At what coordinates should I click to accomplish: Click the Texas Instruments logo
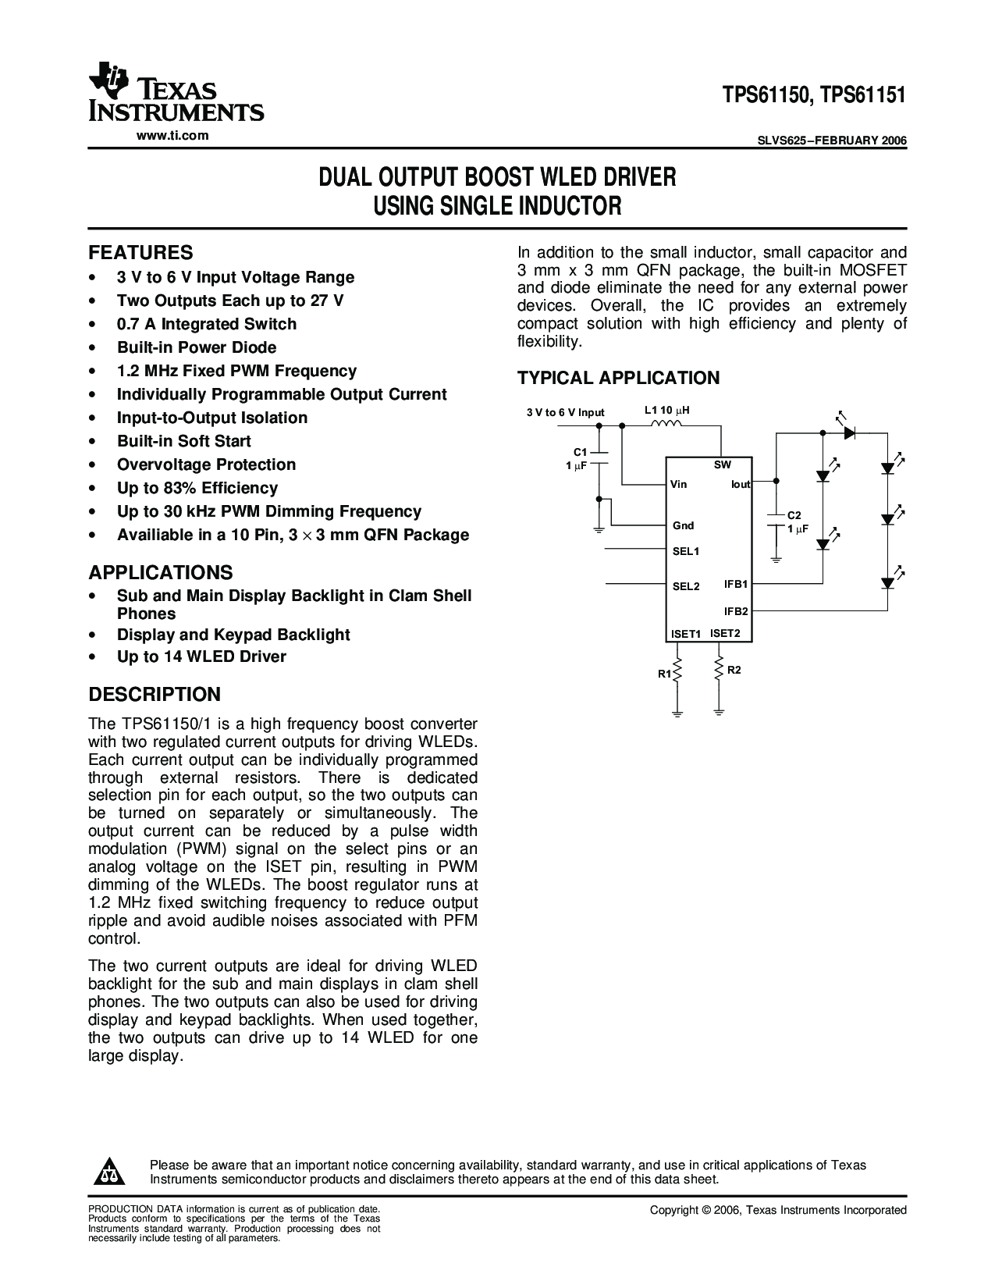click(176, 92)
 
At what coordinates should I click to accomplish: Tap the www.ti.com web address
click(172, 136)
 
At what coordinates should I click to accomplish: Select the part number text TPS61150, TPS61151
click(814, 94)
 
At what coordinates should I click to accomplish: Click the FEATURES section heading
click(140, 252)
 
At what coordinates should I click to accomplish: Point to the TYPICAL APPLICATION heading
click(618, 378)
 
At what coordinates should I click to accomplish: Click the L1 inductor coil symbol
click(666, 423)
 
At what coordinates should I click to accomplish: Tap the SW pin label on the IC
click(723, 465)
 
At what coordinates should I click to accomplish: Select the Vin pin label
click(678, 484)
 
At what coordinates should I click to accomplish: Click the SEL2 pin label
click(686, 586)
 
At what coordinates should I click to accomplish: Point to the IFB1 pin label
click(736, 584)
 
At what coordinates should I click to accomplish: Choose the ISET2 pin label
click(725, 633)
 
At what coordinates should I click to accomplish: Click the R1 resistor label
click(664, 674)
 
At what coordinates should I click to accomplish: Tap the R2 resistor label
click(734, 670)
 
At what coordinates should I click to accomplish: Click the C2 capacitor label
click(794, 516)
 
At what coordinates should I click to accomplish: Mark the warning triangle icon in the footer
click(109, 1171)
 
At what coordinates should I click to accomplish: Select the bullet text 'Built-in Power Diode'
click(197, 347)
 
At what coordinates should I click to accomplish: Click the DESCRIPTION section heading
click(154, 694)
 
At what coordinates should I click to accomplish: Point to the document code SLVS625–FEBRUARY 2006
click(832, 141)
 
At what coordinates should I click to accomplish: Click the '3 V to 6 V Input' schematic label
click(565, 412)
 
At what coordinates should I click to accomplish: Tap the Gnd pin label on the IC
click(684, 526)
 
